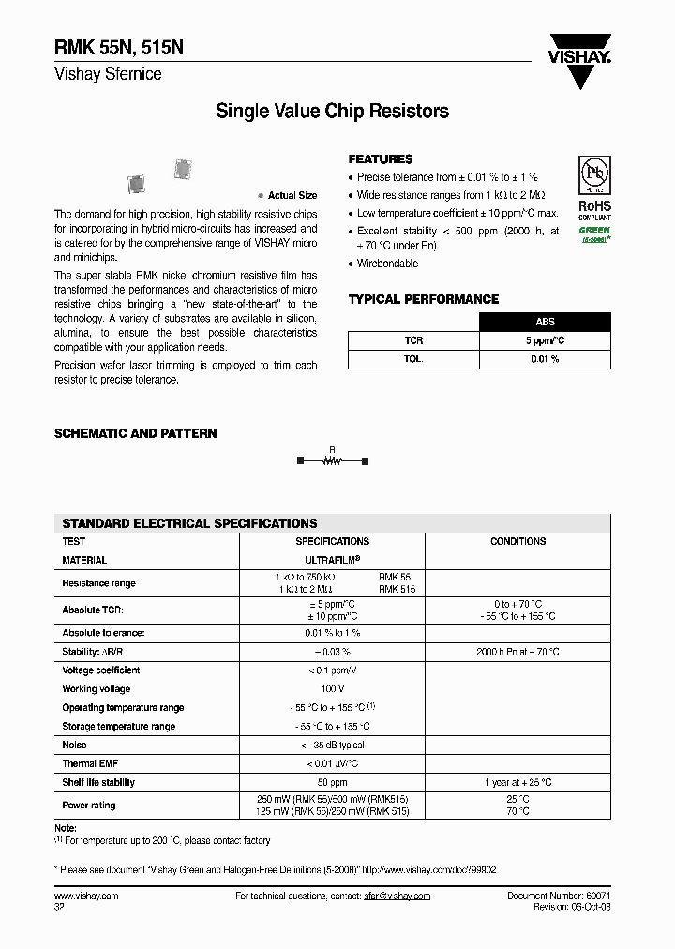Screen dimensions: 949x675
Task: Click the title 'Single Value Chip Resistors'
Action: pos(332,112)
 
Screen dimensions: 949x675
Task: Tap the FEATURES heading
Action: pos(380,159)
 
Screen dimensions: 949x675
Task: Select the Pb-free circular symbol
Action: pos(594,178)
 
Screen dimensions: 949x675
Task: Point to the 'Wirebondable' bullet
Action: pos(387,264)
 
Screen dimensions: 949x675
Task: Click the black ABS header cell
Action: pos(545,322)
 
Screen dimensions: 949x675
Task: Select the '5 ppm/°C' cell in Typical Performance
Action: pos(545,340)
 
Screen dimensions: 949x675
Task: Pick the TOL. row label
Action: pos(413,359)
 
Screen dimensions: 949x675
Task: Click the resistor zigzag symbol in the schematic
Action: pos(332,460)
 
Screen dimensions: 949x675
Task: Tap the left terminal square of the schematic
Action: pos(300,460)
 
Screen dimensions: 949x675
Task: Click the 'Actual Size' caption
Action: pos(292,196)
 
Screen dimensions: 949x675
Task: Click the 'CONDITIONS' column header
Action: pos(517,541)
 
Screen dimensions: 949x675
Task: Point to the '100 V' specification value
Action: pos(332,689)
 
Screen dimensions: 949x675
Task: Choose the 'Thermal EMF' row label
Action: pos(91,763)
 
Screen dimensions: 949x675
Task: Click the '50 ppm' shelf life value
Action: pos(332,782)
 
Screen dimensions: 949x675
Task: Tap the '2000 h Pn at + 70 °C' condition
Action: pos(517,652)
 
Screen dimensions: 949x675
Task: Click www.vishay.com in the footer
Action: pos(86,896)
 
